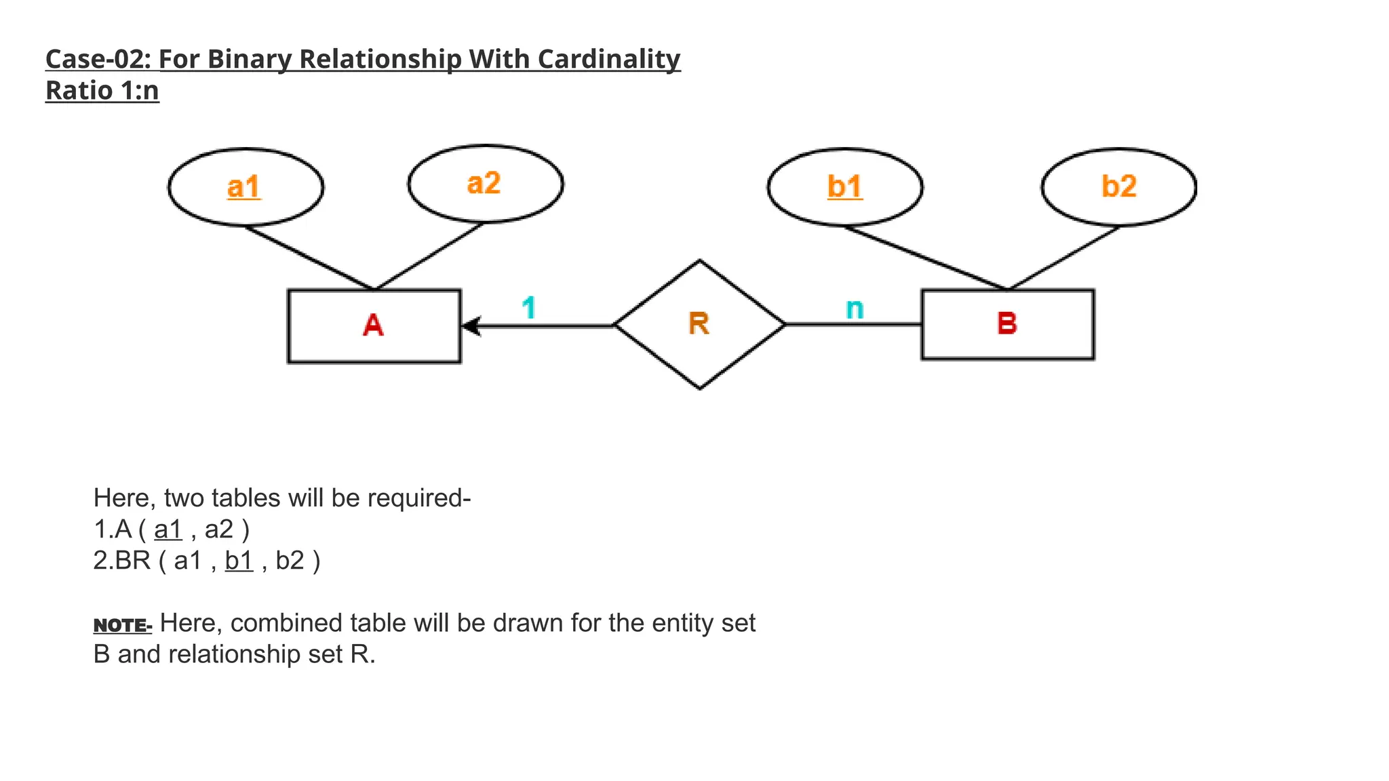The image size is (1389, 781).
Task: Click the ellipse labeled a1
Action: point(245,187)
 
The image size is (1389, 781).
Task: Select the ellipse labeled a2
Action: point(485,184)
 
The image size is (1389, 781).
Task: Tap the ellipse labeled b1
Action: point(844,187)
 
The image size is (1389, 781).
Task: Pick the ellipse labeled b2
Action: point(1118,187)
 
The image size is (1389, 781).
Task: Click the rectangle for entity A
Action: point(374,326)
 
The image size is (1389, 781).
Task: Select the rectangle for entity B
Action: point(1007,324)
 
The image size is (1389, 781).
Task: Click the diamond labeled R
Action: point(699,324)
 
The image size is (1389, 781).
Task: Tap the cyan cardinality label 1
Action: point(529,308)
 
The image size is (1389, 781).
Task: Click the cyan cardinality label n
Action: point(855,309)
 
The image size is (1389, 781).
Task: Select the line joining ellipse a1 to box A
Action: point(309,258)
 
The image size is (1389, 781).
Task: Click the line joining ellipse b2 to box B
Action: point(1063,258)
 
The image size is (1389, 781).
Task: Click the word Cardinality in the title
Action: point(608,60)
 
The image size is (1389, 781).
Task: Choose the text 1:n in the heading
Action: point(140,91)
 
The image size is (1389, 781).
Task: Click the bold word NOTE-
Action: point(122,625)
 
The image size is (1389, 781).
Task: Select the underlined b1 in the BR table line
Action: point(239,561)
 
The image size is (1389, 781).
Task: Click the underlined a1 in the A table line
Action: point(168,529)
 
